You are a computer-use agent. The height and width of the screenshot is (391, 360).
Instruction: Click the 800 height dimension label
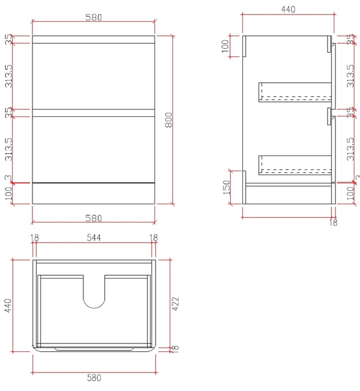(169, 120)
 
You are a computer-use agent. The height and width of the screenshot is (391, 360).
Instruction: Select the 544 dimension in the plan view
(94, 238)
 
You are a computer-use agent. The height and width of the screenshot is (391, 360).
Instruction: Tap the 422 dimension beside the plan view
(176, 304)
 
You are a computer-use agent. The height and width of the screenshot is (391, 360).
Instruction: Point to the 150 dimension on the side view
(226, 187)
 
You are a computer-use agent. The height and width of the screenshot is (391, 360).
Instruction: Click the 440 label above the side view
(288, 10)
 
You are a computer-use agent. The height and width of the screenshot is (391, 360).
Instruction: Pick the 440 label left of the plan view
(8, 305)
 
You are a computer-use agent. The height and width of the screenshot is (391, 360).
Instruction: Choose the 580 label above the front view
(93, 17)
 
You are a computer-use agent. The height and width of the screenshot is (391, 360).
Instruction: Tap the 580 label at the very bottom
(94, 378)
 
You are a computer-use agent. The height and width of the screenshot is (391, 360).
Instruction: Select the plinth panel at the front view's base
(93, 194)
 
